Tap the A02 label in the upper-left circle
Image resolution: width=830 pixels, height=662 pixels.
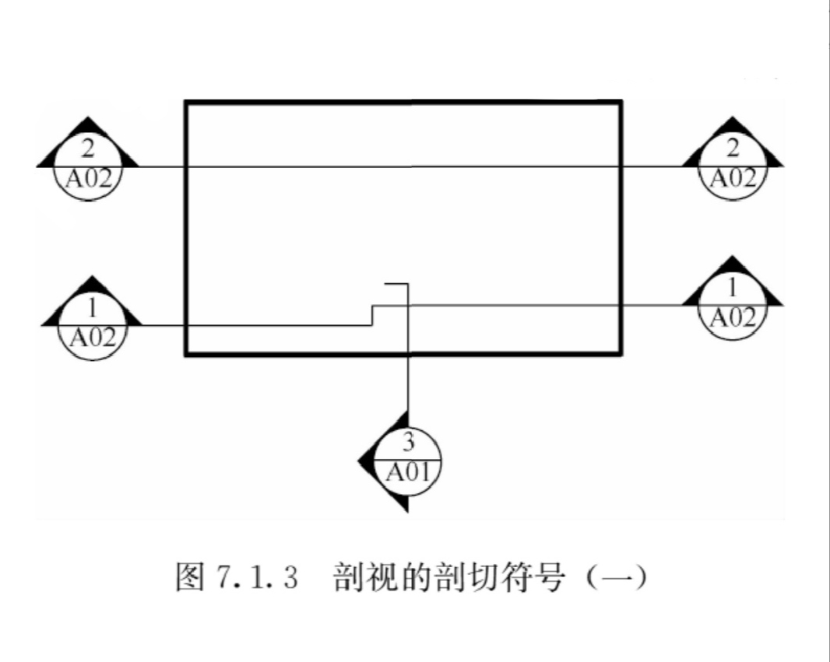88,180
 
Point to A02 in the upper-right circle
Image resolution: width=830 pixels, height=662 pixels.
733,179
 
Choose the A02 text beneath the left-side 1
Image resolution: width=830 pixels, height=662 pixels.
93,338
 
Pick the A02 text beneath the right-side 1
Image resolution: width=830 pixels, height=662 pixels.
732,317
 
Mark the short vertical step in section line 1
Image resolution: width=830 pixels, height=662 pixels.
372,315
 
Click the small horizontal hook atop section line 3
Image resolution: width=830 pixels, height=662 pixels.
396,285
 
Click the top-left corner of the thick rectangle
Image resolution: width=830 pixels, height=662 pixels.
186,102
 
